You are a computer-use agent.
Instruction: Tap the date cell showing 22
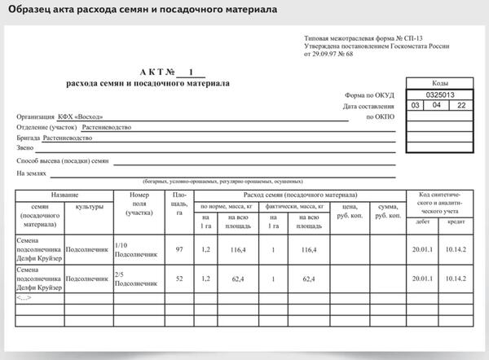pos(462,106)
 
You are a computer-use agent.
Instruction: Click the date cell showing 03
pos(416,106)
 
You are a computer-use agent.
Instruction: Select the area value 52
pos(180,279)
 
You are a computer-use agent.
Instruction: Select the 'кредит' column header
pos(456,222)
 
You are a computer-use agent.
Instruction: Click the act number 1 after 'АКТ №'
pos(192,72)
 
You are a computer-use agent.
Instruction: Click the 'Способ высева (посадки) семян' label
pos(62,161)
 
